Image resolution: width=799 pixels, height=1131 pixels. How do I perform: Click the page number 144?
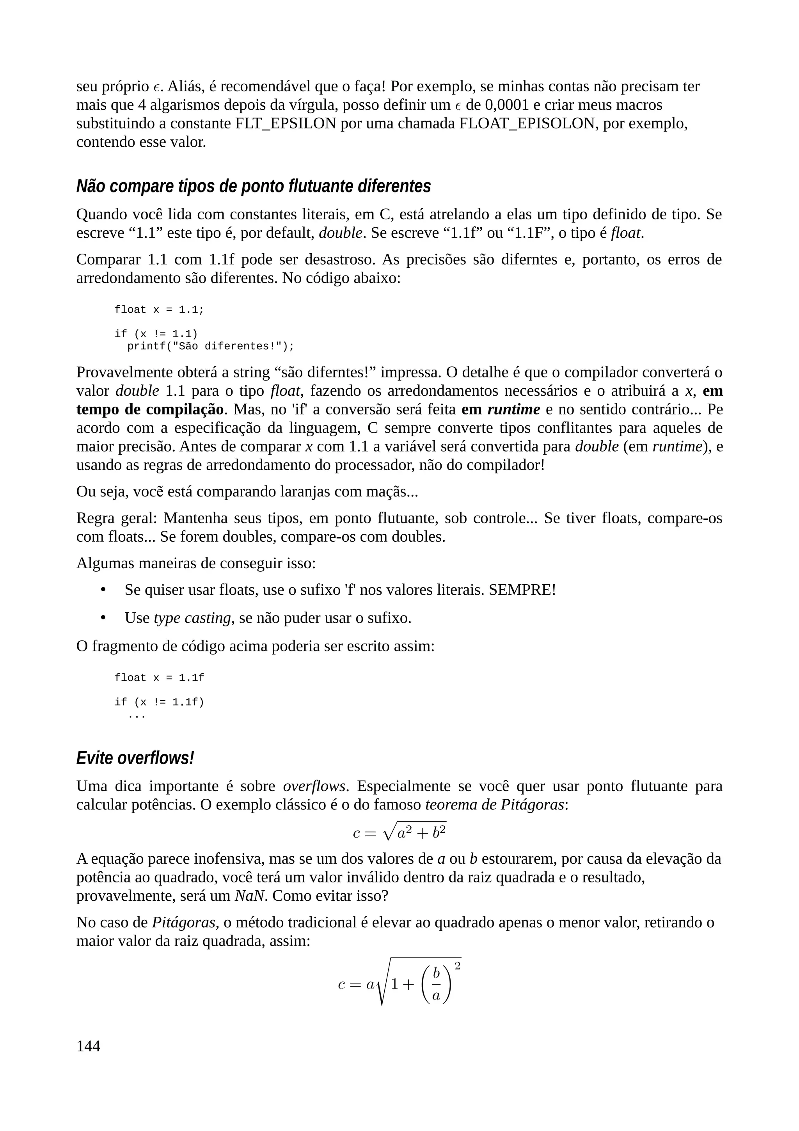click(x=88, y=1046)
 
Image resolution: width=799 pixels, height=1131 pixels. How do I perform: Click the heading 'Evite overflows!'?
click(x=135, y=758)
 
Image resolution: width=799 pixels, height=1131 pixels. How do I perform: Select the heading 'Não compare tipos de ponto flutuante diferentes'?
click(x=253, y=186)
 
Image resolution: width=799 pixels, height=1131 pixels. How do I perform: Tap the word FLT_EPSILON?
click(x=286, y=123)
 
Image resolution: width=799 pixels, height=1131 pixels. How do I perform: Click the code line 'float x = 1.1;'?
click(x=159, y=310)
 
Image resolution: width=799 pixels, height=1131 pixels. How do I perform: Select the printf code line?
click(x=210, y=346)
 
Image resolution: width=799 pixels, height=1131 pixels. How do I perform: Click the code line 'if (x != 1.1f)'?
click(x=159, y=702)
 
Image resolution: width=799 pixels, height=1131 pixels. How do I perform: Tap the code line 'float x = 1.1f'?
click(x=159, y=678)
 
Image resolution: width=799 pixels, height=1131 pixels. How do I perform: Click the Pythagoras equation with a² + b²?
click(x=399, y=832)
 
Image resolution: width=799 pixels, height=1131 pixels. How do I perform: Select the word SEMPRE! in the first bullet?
click(x=522, y=590)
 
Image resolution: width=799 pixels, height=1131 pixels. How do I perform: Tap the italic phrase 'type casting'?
click(x=192, y=618)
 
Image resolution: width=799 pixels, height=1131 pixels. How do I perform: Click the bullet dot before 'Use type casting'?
click(x=103, y=618)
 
